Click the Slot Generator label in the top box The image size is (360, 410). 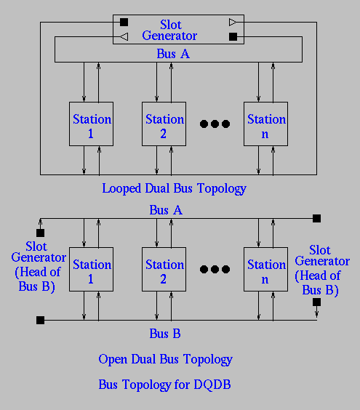click(x=169, y=30)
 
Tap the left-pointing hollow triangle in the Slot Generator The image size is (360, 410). click(x=124, y=36)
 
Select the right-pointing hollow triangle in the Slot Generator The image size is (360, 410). click(x=233, y=23)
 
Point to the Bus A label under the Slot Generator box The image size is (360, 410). click(x=173, y=54)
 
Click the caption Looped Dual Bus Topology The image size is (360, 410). click(x=174, y=188)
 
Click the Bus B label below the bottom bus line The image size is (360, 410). click(x=165, y=334)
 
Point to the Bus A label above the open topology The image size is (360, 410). click(x=166, y=210)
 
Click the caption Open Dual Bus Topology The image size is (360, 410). click(x=165, y=359)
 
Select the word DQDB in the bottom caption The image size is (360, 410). click(x=212, y=385)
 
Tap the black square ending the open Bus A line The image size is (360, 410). click(x=316, y=218)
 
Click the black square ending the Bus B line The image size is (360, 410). click(x=40, y=320)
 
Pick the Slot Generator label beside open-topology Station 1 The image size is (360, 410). click(x=39, y=267)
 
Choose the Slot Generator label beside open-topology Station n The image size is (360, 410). click(x=322, y=270)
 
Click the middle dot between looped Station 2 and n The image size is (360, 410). click(x=215, y=124)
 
